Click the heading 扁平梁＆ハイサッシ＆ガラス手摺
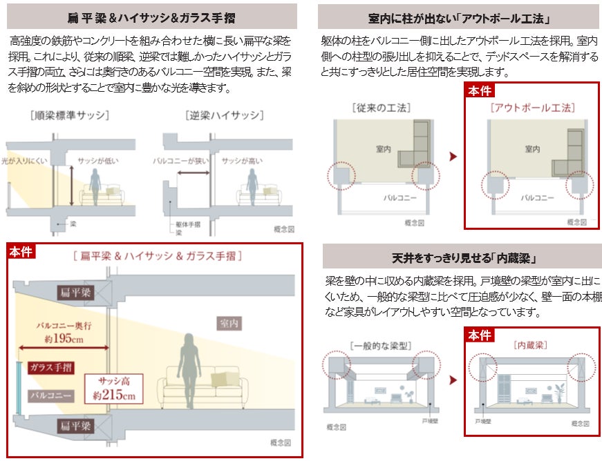151,17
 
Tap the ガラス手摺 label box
51,367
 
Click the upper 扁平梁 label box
75,293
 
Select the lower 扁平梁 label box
75,426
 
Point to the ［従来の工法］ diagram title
381,108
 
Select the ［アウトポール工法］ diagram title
532,108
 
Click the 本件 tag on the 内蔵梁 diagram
479,335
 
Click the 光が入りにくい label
24,161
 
